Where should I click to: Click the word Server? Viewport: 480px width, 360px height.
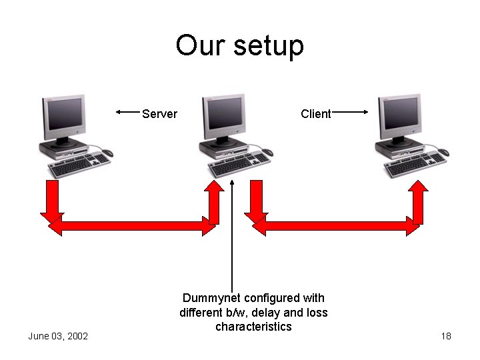click(x=159, y=114)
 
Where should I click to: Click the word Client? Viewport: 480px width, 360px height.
click(x=315, y=114)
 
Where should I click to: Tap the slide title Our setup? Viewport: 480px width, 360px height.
click(x=239, y=46)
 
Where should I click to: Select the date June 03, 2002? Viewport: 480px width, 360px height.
click(x=58, y=336)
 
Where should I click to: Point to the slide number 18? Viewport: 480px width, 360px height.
click(x=446, y=336)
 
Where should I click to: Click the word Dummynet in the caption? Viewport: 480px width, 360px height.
click(x=211, y=298)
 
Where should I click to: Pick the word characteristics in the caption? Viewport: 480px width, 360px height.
click(x=253, y=327)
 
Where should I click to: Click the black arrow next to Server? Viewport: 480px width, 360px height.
click(x=127, y=113)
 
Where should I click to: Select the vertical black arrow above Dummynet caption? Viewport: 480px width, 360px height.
click(x=232, y=233)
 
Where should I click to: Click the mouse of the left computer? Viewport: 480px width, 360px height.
click(x=107, y=153)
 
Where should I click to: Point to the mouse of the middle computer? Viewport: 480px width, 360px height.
click(x=267, y=152)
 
